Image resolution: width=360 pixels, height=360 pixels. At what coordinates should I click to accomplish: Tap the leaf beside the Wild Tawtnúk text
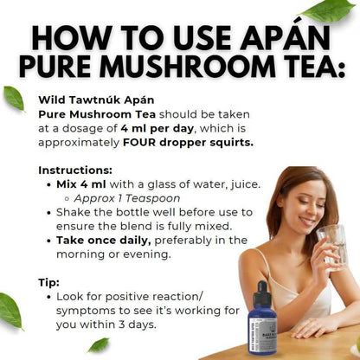[14, 98]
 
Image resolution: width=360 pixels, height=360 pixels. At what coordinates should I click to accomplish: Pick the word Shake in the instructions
[74, 211]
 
